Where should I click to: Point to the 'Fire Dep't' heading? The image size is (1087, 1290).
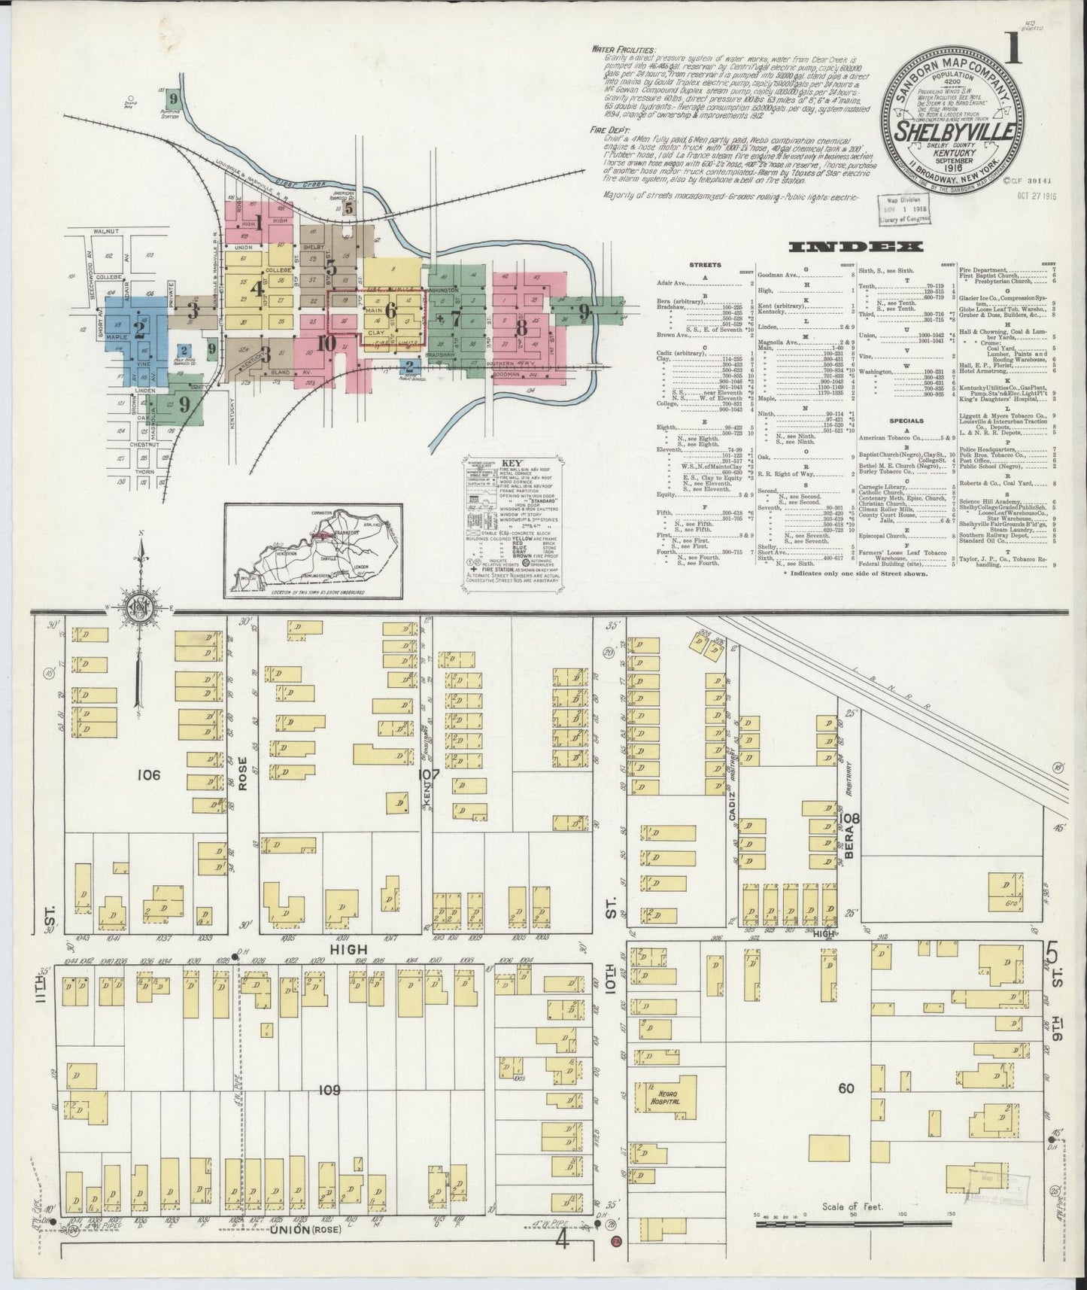608,130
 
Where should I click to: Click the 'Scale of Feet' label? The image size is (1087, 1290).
852,1206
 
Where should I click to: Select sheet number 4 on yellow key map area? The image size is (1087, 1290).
258,288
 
